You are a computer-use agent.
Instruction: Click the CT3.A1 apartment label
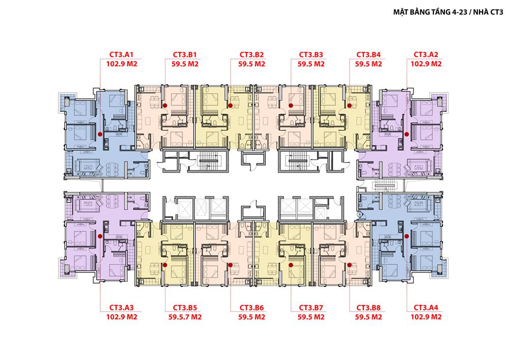pos(122,54)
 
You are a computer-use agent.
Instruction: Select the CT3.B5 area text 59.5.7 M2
pos(185,317)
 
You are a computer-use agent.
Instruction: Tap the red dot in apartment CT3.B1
pos(165,105)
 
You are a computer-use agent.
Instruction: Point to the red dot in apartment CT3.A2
pos(407,134)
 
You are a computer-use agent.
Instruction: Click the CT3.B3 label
pos(311,54)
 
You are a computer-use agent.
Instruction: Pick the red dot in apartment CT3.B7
pos(291,265)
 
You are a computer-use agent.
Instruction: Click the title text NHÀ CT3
pos(488,12)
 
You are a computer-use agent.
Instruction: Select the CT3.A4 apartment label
pos(426,308)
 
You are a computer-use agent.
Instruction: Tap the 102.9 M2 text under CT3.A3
pos(122,317)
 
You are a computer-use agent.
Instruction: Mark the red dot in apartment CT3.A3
pos(100,236)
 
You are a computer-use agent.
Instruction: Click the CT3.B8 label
pos(369,308)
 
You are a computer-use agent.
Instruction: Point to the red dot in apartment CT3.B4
pos(350,105)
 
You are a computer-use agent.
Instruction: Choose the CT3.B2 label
pos(251,54)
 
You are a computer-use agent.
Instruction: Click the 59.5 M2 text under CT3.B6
pos(251,317)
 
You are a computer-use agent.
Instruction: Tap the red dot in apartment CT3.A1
pos(100,134)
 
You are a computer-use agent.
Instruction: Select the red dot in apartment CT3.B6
pos(231,265)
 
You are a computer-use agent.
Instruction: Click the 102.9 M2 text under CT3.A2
pos(426,64)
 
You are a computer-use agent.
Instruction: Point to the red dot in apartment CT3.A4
pos(407,236)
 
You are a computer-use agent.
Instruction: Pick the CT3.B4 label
pos(369,54)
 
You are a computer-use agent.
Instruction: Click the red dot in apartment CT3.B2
pos(231,105)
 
